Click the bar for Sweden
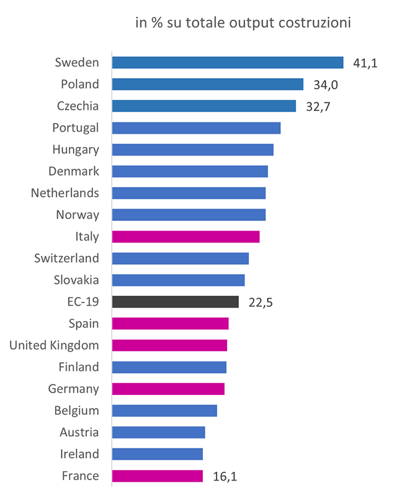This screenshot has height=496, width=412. [227, 63]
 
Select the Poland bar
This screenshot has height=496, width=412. [207, 84]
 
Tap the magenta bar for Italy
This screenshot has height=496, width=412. [186, 236]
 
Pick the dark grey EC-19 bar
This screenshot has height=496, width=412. [175, 302]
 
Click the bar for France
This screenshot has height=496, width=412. [157, 476]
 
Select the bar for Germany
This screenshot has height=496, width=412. [168, 389]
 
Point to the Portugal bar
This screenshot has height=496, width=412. [196, 128]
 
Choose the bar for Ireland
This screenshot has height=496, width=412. [157, 454]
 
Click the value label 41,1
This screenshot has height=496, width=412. [365, 63]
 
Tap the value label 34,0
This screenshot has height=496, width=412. [326, 84]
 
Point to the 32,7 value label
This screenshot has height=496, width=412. [318, 106]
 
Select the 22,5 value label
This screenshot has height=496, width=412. [261, 303]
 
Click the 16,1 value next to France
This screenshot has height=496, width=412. [225, 476]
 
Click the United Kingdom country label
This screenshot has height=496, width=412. [54, 345]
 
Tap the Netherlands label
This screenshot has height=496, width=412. [65, 193]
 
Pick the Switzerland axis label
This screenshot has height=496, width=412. [66, 258]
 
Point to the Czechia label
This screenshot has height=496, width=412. [78, 106]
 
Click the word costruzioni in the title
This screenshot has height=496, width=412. [315, 24]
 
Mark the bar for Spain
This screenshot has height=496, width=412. [170, 324]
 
